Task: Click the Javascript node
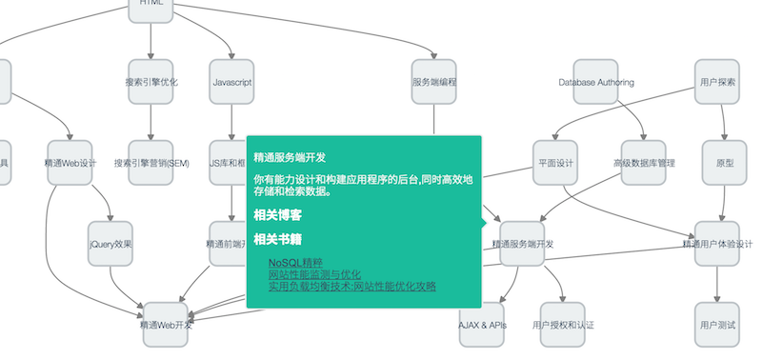pos(232,82)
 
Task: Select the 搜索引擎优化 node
pos(151,82)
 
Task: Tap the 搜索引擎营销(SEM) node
pos(151,162)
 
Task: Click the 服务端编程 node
pos(433,82)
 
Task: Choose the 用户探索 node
pos(716,82)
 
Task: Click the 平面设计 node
pos(554,162)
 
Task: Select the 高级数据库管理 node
pos(644,162)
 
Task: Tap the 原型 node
pos(724,162)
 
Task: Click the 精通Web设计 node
pos(71,162)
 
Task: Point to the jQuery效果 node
pos(110,243)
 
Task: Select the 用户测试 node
pos(716,324)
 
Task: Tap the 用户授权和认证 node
pos(563,324)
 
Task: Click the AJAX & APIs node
pos(483,324)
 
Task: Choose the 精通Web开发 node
pos(166,324)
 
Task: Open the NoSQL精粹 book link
pos(295,262)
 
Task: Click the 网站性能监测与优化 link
pos(313,273)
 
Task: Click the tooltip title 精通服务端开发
pos(291,156)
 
